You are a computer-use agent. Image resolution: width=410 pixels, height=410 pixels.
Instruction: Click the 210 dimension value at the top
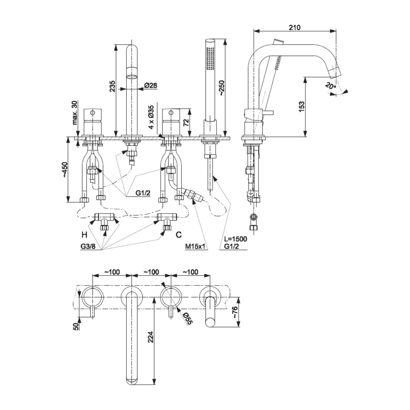click(x=294, y=27)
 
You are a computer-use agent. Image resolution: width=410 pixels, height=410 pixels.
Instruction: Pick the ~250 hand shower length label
click(x=221, y=88)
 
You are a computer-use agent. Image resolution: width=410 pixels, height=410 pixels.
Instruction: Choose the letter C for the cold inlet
click(x=179, y=234)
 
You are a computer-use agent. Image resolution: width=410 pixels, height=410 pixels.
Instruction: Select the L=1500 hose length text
click(x=235, y=239)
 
